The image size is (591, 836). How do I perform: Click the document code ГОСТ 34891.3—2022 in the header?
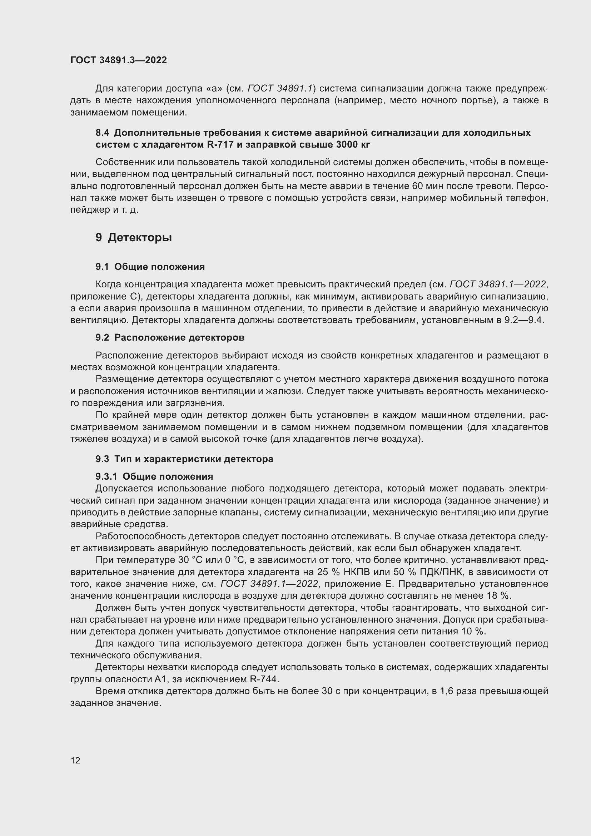119,60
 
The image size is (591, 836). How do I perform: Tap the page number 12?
75,760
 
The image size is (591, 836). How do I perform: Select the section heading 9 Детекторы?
134,238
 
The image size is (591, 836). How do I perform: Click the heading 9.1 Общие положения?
150,267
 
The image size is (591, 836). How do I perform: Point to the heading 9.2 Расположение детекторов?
170,337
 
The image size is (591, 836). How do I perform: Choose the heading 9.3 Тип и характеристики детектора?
184,459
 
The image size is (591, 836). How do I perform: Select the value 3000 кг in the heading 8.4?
353,144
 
